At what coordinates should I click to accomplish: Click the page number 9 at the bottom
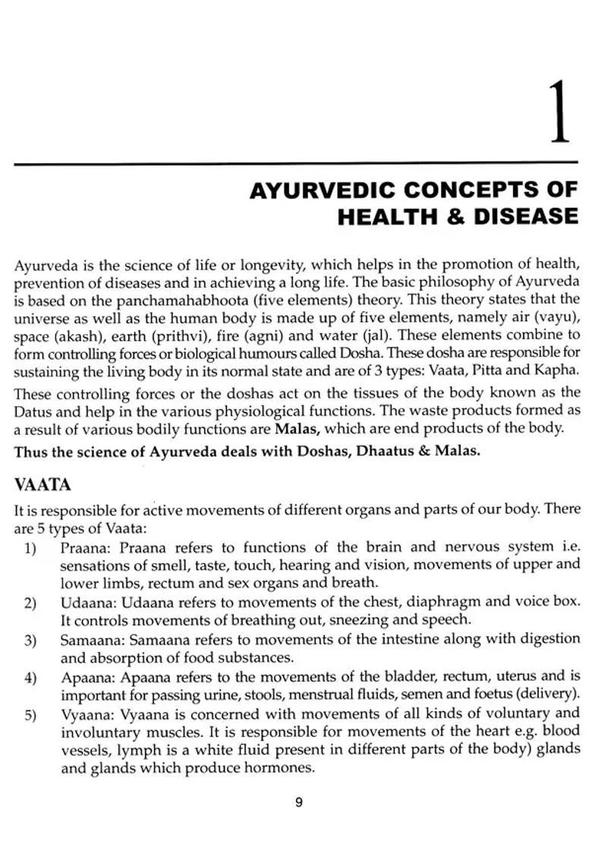click(298, 802)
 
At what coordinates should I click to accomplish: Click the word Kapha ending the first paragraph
click(557, 370)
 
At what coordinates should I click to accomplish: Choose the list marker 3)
click(30, 641)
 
